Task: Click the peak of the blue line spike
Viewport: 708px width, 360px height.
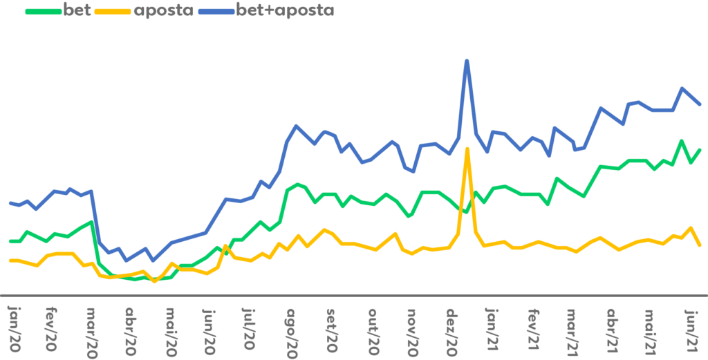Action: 467,60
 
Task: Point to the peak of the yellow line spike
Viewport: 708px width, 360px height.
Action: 467,149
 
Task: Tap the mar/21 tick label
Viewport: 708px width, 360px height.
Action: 571,327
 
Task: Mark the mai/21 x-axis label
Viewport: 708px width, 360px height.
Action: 650,327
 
